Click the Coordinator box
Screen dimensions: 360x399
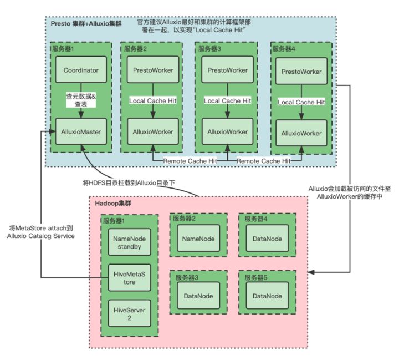click(80, 70)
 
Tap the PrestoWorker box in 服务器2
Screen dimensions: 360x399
click(154, 70)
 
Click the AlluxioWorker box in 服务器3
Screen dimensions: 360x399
click(227, 132)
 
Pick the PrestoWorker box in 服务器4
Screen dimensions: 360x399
click(301, 72)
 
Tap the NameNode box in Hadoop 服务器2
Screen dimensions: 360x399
click(198, 239)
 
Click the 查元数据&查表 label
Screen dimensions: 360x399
click(80, 100)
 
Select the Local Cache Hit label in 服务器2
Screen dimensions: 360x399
click(154, 100)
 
